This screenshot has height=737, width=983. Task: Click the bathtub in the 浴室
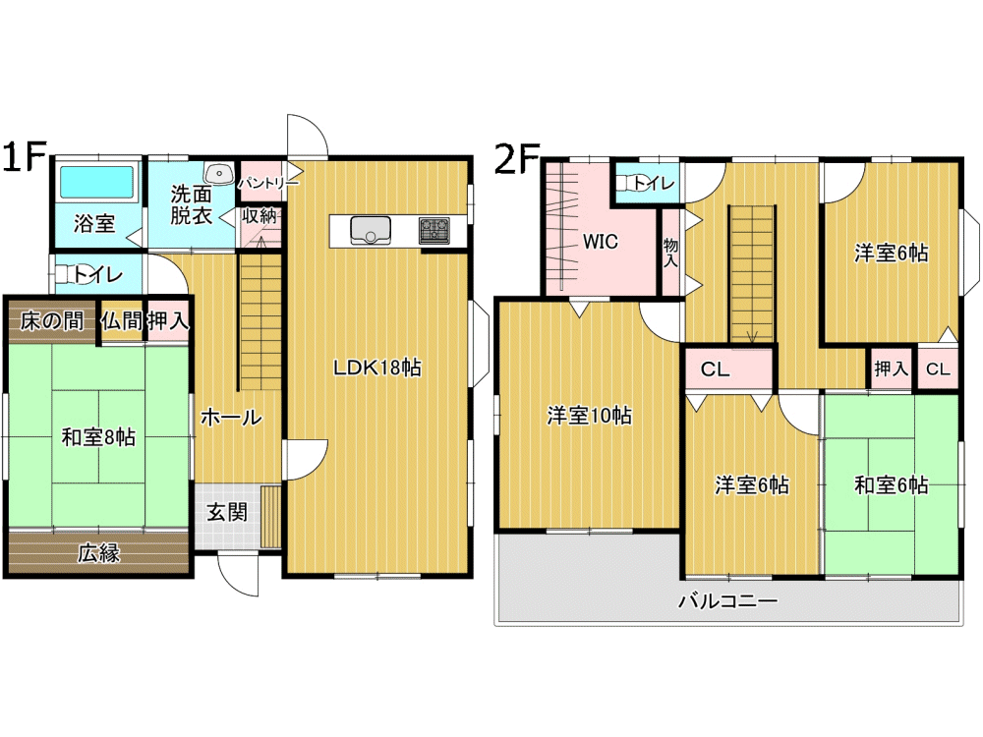(96, 182)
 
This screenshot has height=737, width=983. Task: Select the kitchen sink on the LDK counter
(370, 231)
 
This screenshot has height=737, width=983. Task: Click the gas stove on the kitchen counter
(434, 231)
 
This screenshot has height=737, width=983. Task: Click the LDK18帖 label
(377, 368)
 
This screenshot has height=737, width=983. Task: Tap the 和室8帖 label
(98, 437)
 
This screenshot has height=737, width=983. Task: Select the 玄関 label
(227, 512)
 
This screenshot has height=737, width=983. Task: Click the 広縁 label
(98, 553)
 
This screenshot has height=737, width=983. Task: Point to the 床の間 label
(51, 321)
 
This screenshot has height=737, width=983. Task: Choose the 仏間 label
(122, 321)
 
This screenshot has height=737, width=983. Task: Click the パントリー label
(268, 183)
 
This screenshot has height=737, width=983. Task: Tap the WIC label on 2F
(600, 242)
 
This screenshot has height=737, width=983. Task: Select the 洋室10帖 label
(589, 416)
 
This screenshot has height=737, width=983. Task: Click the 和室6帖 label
(892, 485)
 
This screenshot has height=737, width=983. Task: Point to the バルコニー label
(727, 601)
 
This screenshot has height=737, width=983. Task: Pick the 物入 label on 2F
(670, 253)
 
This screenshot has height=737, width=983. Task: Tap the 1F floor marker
(26, 156)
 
